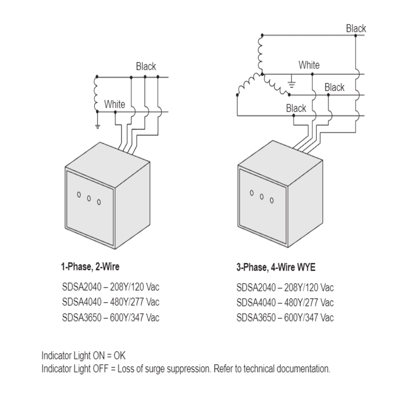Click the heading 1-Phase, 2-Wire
pyautogui.click(x=90, y=267)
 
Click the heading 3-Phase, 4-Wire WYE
pyautogui.click(x=276, y=267)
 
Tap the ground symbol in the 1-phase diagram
pyautogui.click(x=97, y=126)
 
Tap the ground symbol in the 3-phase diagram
pyautogui.click(x=291, y=85)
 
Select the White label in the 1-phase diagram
pyautogui.click(x=114, y=104)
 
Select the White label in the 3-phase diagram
pyautogui.click(x=309, y=65)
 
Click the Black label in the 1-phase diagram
pyautogui.click(x=146, y=66)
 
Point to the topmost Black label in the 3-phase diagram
pyautogui.click(x=356, y=28)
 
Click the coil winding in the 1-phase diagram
pyautogui.click(x=96, y=94)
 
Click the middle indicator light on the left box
pyautogui.click(x=89, y=198)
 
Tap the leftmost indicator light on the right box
pyautogui.click(x=252, y=193)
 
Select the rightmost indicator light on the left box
pyautogui.click(x=99, y=202)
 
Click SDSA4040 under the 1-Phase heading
pyautogui.click(x=82, y=302)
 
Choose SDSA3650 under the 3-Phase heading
pyautogui.click(x=256, y=318)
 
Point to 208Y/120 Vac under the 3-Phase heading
pyautogui.click(x=309, y=288)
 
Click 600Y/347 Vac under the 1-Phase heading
pyautogui.click(x=134, y=318)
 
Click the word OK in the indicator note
pyautogui.click(x=120, y=356)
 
